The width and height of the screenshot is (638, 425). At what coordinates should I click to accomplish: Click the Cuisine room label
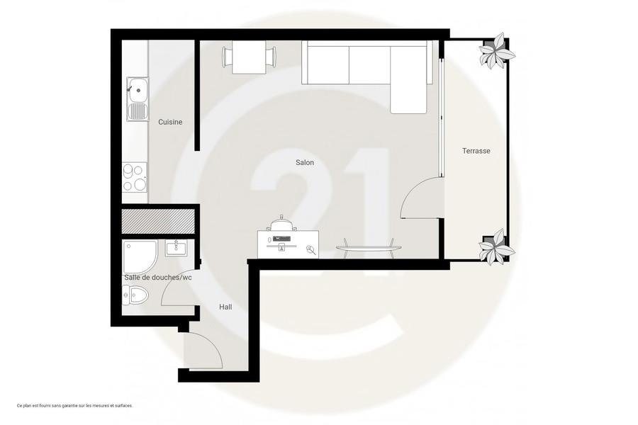(170, 122)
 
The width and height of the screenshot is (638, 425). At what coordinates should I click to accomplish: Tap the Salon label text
(305, 163)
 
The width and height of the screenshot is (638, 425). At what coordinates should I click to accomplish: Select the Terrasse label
(476, 151)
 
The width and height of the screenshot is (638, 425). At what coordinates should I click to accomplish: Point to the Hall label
(225, 307)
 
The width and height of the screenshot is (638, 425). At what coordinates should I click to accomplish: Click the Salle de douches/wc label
(158, 278)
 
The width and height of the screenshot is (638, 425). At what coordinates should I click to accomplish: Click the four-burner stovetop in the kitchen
(135, 177)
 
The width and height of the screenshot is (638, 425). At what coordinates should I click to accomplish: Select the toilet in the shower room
(135, 295)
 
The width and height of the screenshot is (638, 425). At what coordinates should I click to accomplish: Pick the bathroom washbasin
(177, 248)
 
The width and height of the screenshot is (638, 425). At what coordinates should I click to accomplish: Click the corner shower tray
(140, 257)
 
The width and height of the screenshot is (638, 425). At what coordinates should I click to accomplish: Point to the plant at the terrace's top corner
(496, 51)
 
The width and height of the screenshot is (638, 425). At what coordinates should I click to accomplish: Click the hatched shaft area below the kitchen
(158, 221)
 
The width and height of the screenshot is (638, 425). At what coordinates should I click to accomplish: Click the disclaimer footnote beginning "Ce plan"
(75, 405)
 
